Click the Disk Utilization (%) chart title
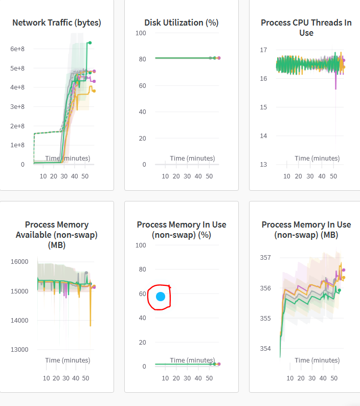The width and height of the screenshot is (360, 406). pyautogui.click(x=182, y=22)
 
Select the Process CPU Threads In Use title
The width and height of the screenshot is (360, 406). pyautogui.click(x=306, y=28)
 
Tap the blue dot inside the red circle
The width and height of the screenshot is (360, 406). pyautogui.click(x=161, y=297)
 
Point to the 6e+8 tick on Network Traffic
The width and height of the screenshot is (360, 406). pyautogui.click(x=18, y=49)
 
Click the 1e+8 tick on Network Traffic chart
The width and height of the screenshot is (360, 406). pyautogui.click(x=18, y=145)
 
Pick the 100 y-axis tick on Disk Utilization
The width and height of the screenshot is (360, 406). pyautogui.click(x=141, y=33)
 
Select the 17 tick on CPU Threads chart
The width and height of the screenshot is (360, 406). pyautogui.click(x=264, y=50)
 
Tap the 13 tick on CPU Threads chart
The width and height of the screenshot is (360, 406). pyautogui.click(x=264, y=164)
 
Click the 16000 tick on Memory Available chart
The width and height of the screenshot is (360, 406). pyautogui.click(x=20, y=262)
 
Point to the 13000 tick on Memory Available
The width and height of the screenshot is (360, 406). pyautogui.click(x=20, y=350)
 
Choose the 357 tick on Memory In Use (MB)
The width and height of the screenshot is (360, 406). pyautogui.click(x=265, y=258)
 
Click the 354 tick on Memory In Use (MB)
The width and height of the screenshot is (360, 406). pyautogui.click(x=265, y=349)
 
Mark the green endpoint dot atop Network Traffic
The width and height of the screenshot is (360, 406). pyautogui.click(x=90, y=42)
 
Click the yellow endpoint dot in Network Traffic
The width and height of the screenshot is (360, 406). pyautogui.click(x=94, y=91)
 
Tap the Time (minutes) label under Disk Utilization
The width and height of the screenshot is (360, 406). pyautogui.click(x=192, y=159)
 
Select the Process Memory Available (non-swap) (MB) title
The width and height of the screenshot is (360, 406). pyautogui.click(x=56, y=235)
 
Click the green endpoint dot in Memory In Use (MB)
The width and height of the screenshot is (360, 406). pyautogui.click(x=339, y=290)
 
